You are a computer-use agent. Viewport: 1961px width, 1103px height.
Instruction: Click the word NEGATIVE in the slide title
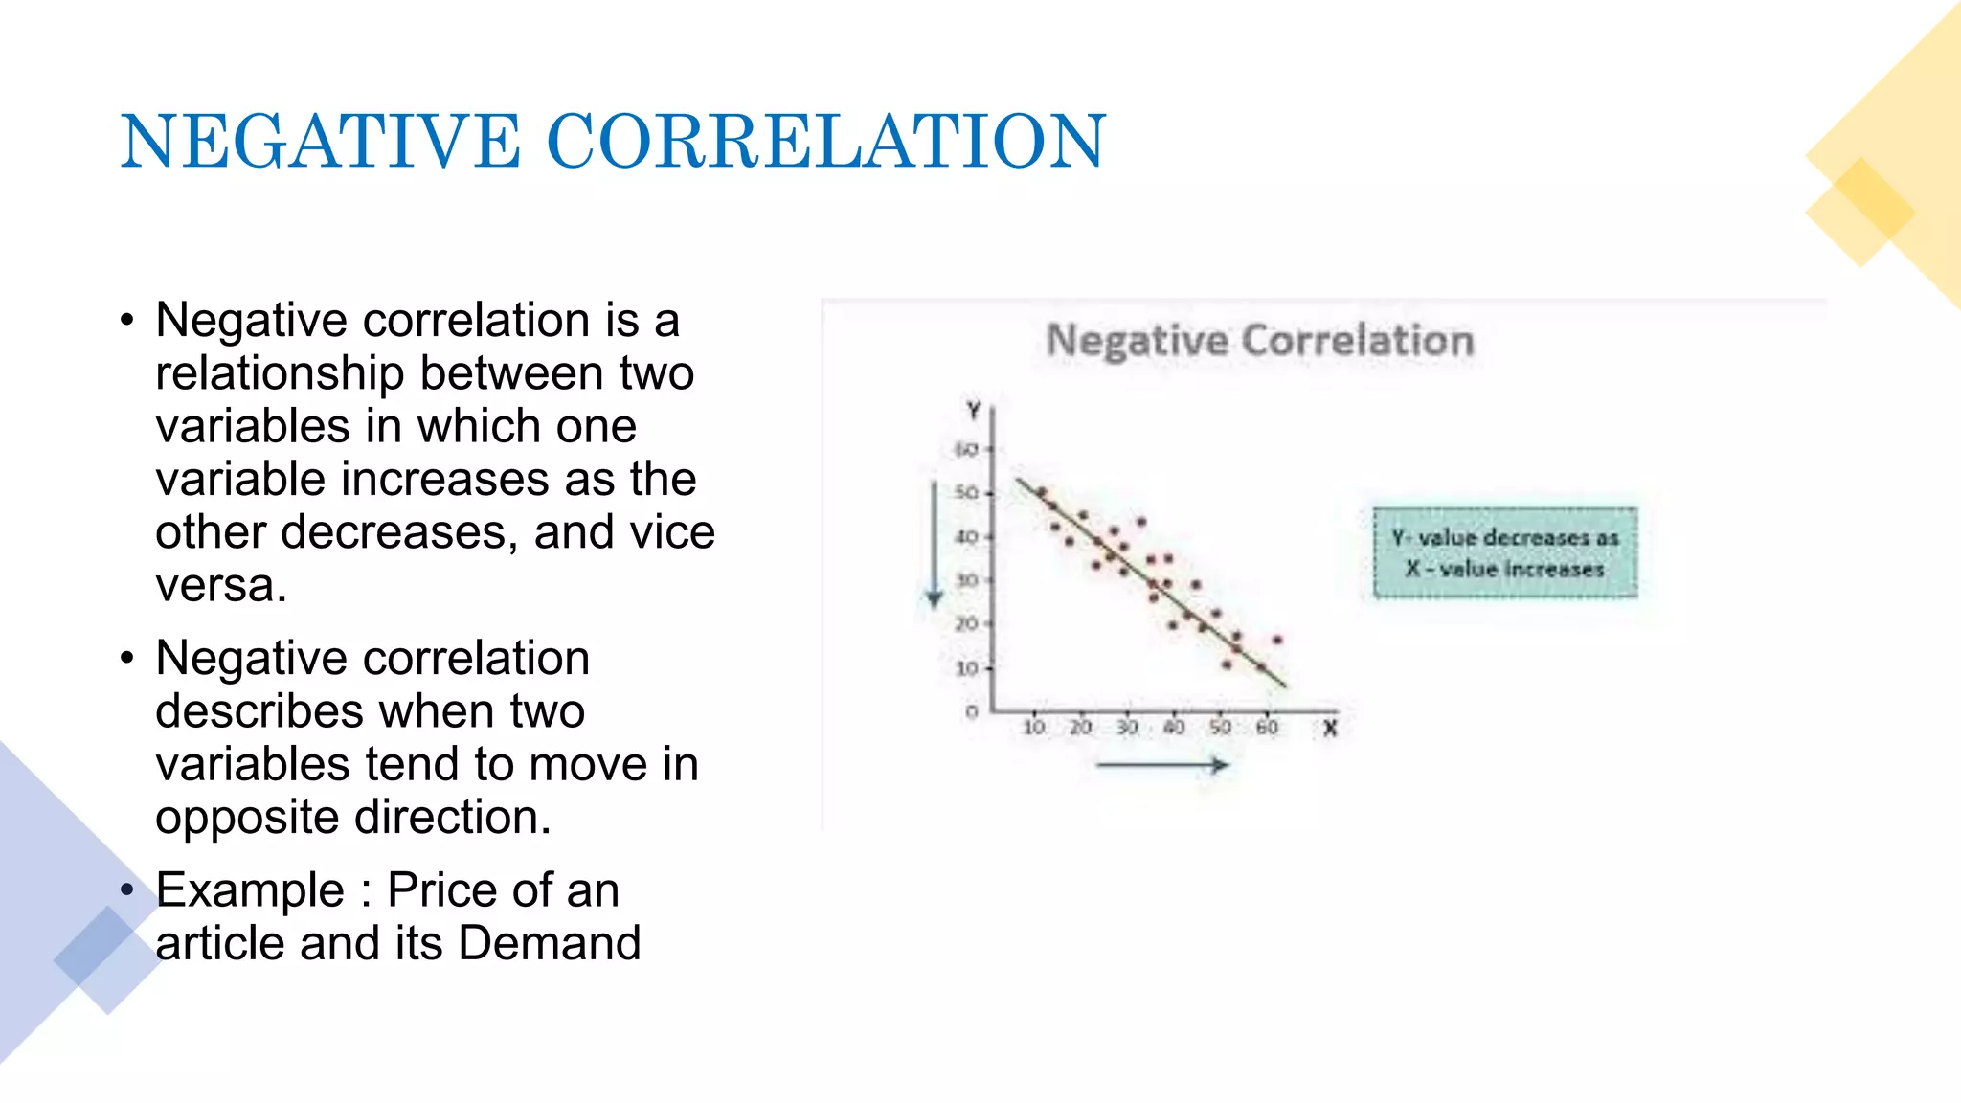(320, 142)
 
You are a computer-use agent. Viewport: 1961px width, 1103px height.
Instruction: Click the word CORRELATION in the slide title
(825, 142)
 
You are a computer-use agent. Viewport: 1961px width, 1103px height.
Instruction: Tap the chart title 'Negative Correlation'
(1259, 341)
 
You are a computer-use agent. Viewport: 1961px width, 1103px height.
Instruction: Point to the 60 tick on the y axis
(967, 449)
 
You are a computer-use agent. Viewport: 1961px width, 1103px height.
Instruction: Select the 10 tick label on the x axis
(1034, 728)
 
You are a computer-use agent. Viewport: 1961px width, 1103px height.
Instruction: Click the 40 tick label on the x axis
(1174, 728)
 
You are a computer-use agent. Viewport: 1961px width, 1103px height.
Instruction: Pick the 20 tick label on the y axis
(967, 624)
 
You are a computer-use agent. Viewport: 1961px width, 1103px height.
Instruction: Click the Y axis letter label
(974, 411)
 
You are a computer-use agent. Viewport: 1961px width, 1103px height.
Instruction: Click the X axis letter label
(1330, 729)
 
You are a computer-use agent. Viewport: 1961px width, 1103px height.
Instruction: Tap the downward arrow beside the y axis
(935, 546)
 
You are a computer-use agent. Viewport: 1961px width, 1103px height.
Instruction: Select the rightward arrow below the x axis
(1161, 765)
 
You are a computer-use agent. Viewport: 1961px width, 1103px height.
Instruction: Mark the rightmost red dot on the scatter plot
(1277, 640)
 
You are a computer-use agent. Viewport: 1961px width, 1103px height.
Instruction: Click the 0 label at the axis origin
(972, 712)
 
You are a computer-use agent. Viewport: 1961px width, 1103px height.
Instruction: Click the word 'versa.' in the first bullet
(221, 585)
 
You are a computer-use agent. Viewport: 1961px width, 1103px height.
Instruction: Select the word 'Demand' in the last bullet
(550, 943)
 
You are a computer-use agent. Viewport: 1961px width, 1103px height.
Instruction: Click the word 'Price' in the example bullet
(443, 890)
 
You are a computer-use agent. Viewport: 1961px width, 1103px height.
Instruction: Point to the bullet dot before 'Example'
(127, 890)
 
